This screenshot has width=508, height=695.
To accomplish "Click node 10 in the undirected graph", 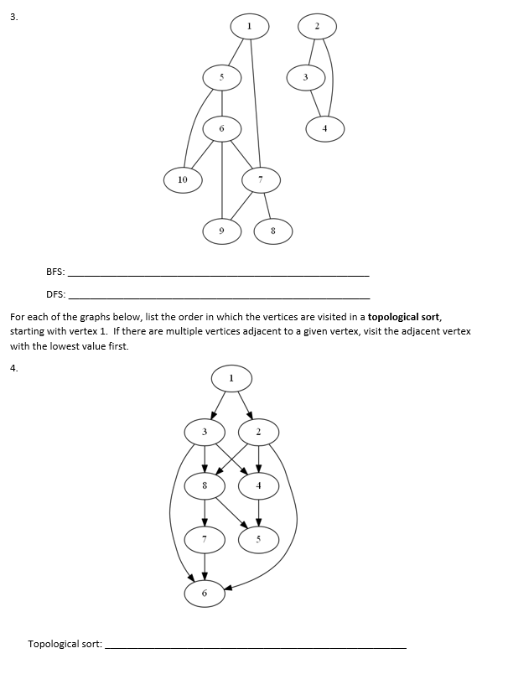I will point(183,179).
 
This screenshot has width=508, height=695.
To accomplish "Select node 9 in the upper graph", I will point(221,230).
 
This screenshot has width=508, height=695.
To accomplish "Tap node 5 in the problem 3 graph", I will point(222,77).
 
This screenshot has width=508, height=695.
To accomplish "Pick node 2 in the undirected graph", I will point(317,28).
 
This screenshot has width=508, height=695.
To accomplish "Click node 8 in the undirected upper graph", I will point(273,230).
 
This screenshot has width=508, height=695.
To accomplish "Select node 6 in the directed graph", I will point(205,594).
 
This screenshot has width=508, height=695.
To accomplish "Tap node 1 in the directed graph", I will point(231,378).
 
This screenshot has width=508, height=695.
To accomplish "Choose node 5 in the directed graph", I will point(258,539).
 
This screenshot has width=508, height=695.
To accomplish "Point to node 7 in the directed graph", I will point(205,539).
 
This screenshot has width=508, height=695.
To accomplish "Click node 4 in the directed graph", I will point(258,485).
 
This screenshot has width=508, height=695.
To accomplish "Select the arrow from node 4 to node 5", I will point(258,512).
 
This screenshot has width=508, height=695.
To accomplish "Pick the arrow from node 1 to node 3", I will point(218,404).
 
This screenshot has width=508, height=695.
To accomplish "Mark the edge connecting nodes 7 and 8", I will point(267,204).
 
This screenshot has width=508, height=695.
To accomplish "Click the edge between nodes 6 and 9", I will point(221,180).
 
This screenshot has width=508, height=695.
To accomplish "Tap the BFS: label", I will point(55,272).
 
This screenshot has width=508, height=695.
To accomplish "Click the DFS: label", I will point(55,294).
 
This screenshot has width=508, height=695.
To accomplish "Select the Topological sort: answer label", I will point(65,644).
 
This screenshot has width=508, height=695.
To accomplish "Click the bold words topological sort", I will point(404,318).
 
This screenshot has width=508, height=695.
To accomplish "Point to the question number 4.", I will point(13,367).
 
